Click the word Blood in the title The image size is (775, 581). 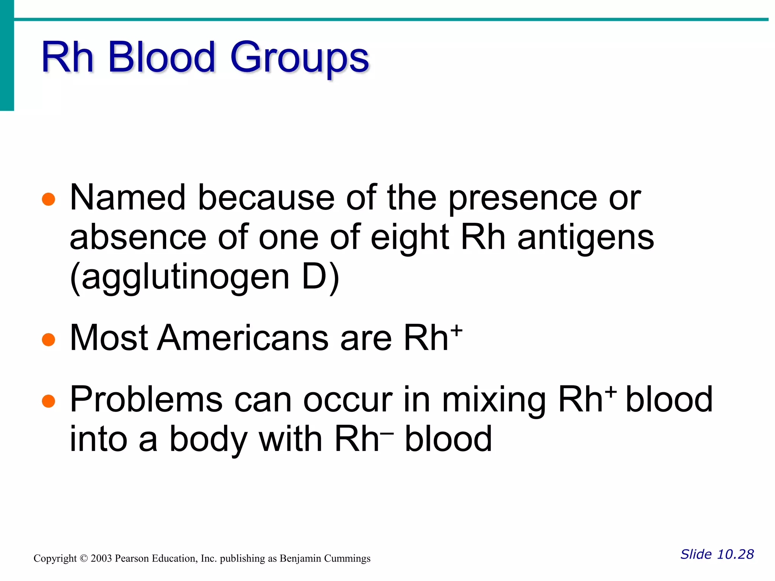(x=162, y=57)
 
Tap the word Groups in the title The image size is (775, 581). (x=299, y=59)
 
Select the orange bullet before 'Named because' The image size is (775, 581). (x=48, y=199)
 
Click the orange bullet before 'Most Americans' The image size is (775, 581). (x=48, y=339)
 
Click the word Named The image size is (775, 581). (x=128, y=197)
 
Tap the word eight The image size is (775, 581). (x=410, y=238)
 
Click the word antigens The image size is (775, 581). (x=585, y=238)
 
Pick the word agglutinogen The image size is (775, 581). (x=185, y=278)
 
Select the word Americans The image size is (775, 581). (x=243, y=338)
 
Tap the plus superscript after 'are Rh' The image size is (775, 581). (x=457, y=330)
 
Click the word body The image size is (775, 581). (x=207, y=440)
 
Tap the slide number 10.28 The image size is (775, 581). (x=735, y=555)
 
